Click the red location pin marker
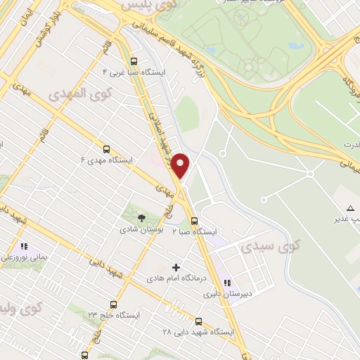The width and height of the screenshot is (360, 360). pos(181,165)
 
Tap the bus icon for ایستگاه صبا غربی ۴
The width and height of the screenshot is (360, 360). pos(134,61)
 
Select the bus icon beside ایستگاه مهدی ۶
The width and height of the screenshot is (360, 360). pos(106,149)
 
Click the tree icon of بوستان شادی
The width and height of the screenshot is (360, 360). pos(141,218)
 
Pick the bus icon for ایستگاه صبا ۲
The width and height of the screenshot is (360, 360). pos(194,220)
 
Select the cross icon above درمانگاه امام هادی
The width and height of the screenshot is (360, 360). pos(176,267)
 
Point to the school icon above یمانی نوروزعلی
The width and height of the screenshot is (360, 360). pos(24,247)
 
